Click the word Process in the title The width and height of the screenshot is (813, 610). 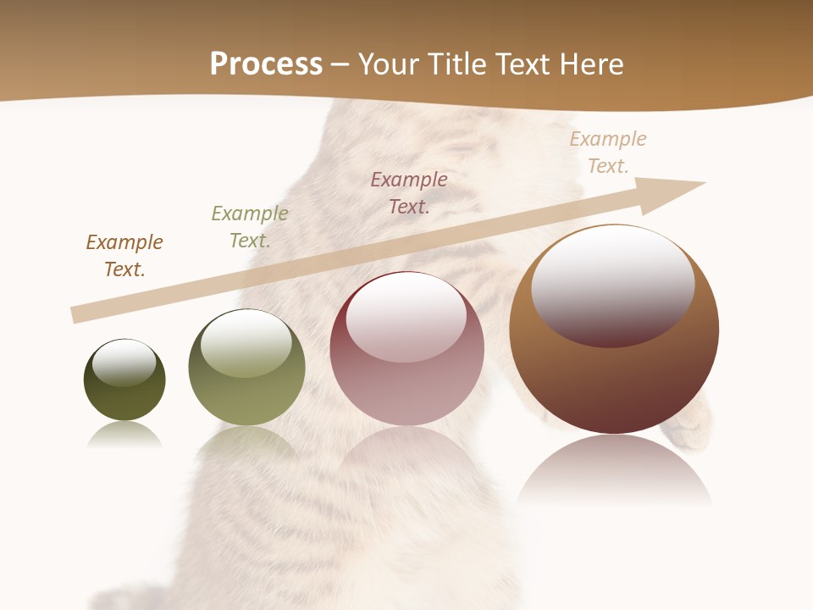266,64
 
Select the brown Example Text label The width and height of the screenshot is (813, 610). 124,256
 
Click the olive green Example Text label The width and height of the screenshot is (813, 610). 250,227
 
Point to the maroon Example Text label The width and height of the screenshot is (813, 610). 409,192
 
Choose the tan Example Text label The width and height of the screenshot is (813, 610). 608,152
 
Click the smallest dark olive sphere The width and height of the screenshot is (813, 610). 124,398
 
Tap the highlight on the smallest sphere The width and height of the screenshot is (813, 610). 124,362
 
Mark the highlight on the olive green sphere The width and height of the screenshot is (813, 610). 246,343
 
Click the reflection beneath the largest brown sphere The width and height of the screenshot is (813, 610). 614,470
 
